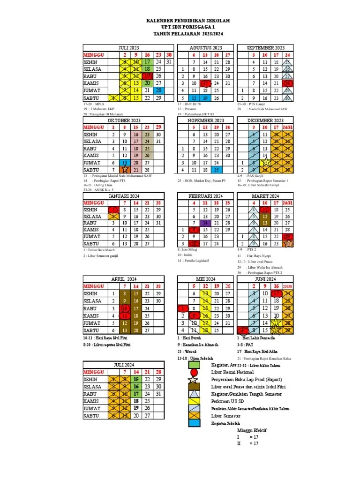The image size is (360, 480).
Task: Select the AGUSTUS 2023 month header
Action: tap(206, 48)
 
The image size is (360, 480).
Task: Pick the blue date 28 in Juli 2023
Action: tap(158, 90)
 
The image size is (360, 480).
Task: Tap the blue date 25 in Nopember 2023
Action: tap(217, 169)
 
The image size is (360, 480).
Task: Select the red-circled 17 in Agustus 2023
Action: tap(205, 83)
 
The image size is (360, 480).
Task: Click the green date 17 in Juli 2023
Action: tap(147, 62)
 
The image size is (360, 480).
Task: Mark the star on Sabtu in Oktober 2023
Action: tap(125, 169)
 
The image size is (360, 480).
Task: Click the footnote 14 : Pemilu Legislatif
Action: tap(193, 260)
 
